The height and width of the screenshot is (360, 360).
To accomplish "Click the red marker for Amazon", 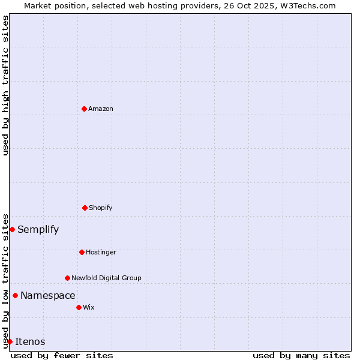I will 84,109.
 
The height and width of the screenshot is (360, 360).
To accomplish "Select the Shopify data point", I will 85,208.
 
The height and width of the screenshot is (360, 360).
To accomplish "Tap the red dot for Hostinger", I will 82,252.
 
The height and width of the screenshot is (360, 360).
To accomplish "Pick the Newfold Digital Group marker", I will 67,278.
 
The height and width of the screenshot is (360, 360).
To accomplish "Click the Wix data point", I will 79,307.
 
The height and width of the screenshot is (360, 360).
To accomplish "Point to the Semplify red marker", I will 12,229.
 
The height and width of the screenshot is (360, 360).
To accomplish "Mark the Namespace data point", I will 15,295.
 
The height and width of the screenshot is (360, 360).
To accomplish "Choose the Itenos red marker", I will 10,341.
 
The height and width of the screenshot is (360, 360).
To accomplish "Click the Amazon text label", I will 101,109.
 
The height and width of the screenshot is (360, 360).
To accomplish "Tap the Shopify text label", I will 101,208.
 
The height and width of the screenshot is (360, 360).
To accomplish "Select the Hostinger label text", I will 101,252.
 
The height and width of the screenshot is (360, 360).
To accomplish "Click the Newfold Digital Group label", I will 106,278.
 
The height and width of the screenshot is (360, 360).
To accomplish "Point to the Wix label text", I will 89,307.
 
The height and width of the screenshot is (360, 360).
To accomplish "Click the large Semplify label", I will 38,229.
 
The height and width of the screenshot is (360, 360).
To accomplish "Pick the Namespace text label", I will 48,295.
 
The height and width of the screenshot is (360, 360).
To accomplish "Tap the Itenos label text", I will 30,341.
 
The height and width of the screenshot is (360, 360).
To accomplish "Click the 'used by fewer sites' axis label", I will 62,355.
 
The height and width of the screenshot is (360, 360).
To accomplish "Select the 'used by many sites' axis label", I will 301,355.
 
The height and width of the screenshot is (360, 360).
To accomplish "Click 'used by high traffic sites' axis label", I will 5,85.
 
